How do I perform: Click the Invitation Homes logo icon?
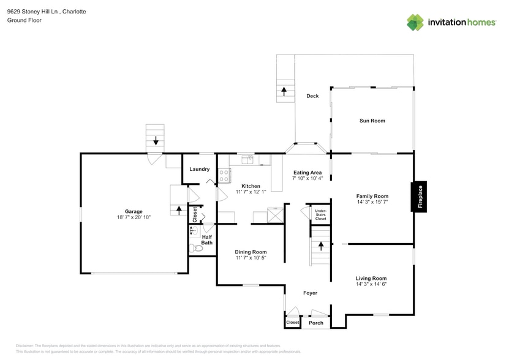click(415, 22)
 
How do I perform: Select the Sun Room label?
click(372, 121)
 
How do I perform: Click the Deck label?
click(312, 96)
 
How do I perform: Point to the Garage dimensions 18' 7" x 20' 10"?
click(134, 217)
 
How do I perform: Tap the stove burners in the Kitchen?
click(224, 176)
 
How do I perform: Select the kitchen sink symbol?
click(249, 159)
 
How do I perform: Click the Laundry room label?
click(199, 169)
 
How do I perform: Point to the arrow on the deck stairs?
click(284, 91)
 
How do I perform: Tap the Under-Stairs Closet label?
click(321, 214)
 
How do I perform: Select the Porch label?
click(315, 323)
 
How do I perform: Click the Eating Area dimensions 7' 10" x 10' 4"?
click(307, 179)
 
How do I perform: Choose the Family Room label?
click(372, 196)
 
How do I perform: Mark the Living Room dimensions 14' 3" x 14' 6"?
click(371, 284)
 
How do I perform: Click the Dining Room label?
click(251, 252)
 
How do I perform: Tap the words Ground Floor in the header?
click(25, 20)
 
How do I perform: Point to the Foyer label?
click(311, 293)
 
